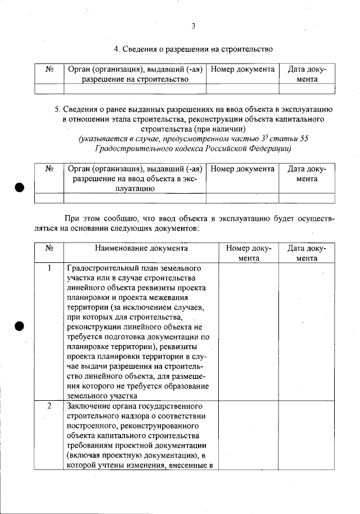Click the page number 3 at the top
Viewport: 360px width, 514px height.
tap(193, 26)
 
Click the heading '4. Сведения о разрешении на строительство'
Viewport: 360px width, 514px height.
tap(193, 49)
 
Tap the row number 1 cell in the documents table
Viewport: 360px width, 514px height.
tap(49, 268)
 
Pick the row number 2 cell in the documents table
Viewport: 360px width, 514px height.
tap(49, 406)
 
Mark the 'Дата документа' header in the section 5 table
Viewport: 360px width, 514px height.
tap(307, 173)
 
